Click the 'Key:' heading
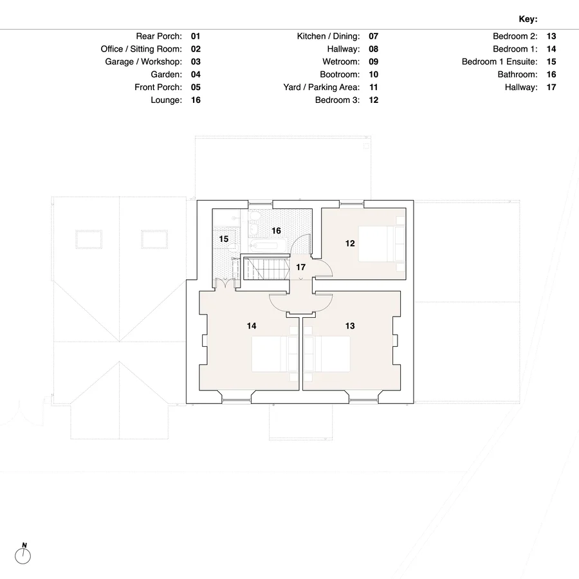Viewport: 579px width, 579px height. pos(528,19)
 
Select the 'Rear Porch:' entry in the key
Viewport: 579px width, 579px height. pos(159,37)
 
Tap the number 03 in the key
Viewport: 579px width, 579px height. pos(196,62)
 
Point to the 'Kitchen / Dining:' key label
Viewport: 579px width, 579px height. pos(328,37)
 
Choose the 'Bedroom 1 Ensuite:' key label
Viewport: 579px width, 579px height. pos(499,62)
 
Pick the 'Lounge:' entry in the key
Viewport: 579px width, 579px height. pos(166,100)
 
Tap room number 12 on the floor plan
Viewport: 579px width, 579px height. pos(350,244)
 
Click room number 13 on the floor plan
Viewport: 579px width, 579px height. pos(350,326)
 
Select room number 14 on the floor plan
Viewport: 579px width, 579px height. pos(252,326)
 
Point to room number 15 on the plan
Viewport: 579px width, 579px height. pos(224,239)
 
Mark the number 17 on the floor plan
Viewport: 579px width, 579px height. pos(300,267)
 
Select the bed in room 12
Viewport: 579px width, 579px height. pos(376,244)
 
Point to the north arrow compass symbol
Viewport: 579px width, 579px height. pos(23,555)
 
